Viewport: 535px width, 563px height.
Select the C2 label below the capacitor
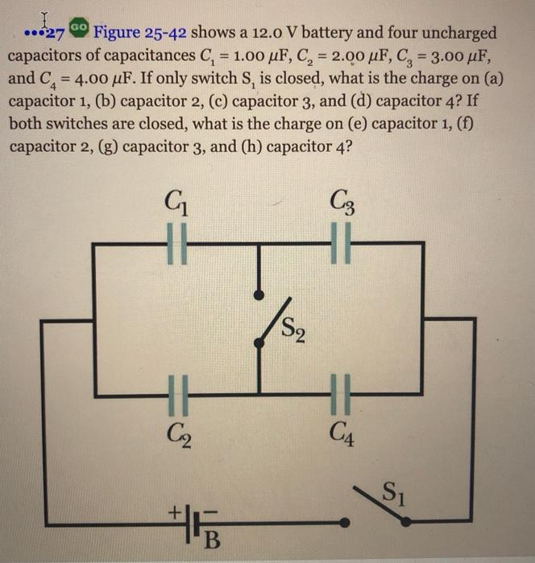coord(180,439)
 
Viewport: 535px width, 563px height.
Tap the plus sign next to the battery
coord(171,510)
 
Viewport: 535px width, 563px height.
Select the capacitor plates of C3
coord(342,243)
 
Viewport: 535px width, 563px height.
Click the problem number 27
coord(54,35)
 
